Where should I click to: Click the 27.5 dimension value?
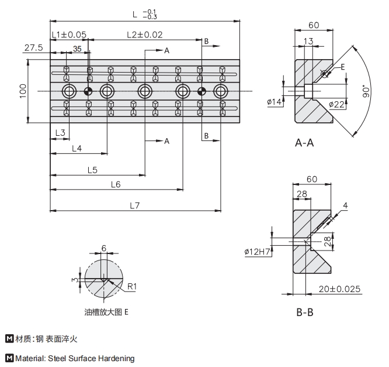tap(33, 48)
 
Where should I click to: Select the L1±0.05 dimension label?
tap(69, 35)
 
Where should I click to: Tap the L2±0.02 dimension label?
tap(144, 35)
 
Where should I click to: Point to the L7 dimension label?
tap(135, 205)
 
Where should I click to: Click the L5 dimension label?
tap(92, 170)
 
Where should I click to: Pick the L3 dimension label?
tap(60, 133)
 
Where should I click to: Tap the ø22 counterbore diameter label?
tap(336, 105)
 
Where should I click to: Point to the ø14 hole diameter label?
tap(275, 102)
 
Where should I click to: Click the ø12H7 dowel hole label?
tap(257, 252)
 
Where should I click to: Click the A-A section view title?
tap(304, 143)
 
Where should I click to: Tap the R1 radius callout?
tap(132, 286)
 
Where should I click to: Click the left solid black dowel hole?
tap(89, 91)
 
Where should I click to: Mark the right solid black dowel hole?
tap(202, 91)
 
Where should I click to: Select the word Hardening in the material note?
tap(116, 358)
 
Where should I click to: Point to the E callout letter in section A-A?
tap(343, 67)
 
